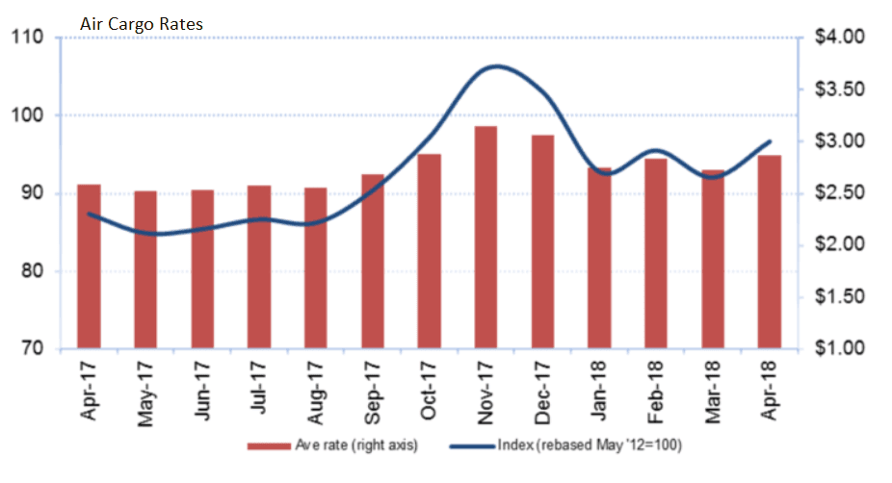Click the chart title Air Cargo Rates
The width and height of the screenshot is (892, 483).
click(142, 23)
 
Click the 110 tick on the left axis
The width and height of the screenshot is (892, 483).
click(29, 38)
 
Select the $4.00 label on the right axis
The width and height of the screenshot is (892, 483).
click(838, 38)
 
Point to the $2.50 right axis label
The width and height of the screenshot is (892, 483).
click(838, 193)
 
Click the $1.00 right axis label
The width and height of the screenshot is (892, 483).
click(838, 348)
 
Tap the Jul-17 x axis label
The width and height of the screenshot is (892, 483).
click(259, 390)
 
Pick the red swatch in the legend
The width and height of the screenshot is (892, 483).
click(268, 445)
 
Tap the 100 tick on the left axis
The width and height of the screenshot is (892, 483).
click(29, 115)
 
